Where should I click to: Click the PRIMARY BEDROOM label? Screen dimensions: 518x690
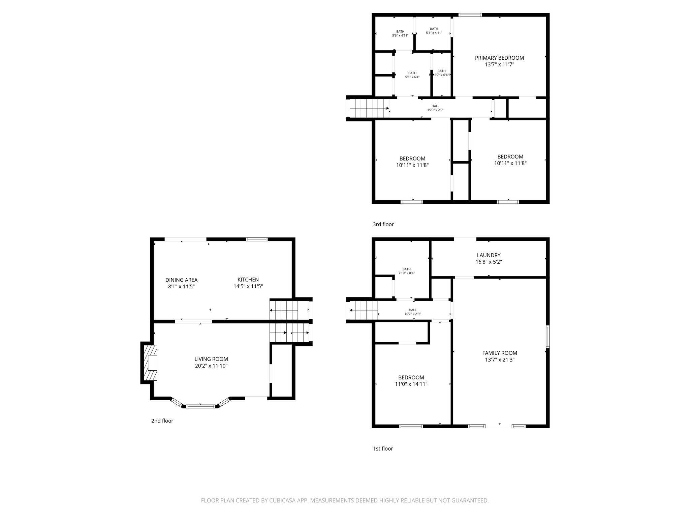click(x=499, y=58)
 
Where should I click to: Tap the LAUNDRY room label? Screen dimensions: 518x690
click(x=489, y=255)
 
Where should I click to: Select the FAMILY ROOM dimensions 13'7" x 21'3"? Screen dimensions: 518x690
click(x=499, y=359)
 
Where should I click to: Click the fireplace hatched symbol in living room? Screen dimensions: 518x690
click(x=151, y=363)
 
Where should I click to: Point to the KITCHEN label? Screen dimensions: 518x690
click(x=248, y=280)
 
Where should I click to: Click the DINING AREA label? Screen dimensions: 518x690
click(x=181, y=280)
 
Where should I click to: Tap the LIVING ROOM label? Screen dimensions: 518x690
click(x=211, y=359)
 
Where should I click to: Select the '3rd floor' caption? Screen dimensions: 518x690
click(x=383, y=224)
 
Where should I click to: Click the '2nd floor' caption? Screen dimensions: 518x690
click(x=162, y=421)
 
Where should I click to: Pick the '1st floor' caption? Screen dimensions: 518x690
click(x=383, y=449)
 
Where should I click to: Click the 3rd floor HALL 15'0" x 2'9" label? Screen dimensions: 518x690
click(x=435, y=108)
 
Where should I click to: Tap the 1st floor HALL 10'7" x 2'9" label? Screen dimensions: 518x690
click(x=412, y=312)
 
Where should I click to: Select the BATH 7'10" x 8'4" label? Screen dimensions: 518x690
click(x=406, y=271)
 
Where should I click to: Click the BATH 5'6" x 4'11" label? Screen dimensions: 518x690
click(x=400, y=33)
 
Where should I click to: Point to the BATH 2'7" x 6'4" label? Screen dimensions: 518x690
click(x=441, y=73)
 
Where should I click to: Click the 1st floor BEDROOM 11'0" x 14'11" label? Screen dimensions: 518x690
click(x=411, y=380)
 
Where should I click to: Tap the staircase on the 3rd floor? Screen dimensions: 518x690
click(x=369, y=108)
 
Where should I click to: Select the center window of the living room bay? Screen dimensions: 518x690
click(x=201, y=406)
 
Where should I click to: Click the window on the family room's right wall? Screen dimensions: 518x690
click(x=547, y=337)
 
